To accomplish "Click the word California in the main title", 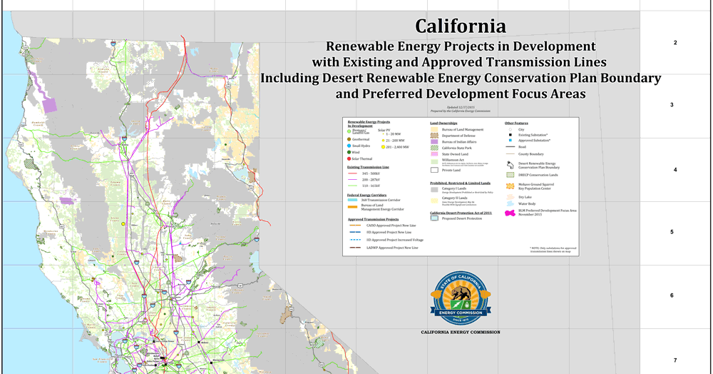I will pyautogui.click(x=461, y=26).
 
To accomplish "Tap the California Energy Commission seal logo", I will pyautogui.click(x=461, y=298).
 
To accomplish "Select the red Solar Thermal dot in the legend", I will pyautogui.click(x=349, y=158).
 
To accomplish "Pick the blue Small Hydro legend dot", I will pyautogui.click(x=349, y=145).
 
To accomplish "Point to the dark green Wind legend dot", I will pyautogui.click(x=349, y=152).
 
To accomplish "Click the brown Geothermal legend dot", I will pyautogui.click(x=349, y=138).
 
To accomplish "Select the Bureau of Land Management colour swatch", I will pyautogui.click(x=434, y=129).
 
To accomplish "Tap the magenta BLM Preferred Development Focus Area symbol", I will pyautogui.click(x=510, y=212).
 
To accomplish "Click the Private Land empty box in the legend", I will pyautogui.click(x=434, y=171).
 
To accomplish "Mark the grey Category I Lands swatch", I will pyautogui.click(x=434, y=189).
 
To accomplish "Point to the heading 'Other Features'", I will pyautogui.click(x=517, y=123).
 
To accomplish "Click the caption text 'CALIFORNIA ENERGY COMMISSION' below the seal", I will pyautogui.click(x=461, y=333).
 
